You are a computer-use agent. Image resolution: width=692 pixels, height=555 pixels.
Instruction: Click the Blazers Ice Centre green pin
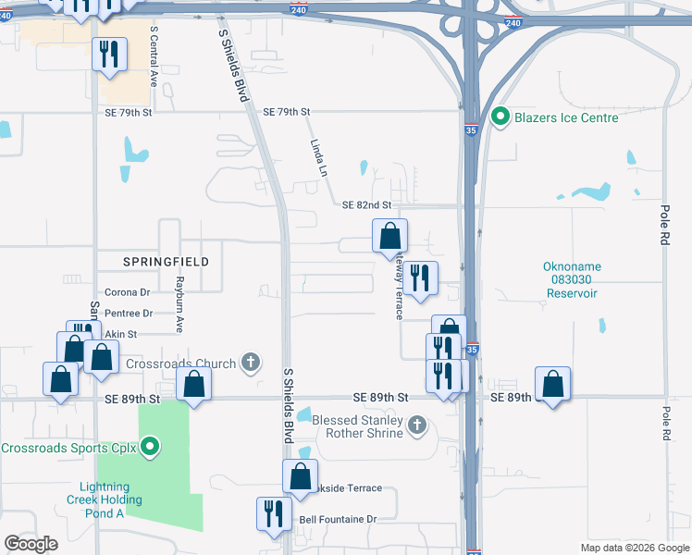tap(500, 117)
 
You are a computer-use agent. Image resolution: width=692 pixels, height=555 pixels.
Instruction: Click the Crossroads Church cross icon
tap(249, 363)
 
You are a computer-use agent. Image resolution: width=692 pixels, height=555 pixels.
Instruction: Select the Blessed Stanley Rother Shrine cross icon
tap(417, 425)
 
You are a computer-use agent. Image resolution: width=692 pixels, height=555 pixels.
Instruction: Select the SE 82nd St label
tap(367, 204)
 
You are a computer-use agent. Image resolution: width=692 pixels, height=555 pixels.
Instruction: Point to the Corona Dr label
tap(128, 293)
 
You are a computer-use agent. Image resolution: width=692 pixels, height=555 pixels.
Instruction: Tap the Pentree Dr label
tap(129, 314)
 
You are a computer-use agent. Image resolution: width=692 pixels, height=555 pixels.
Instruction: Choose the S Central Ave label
tap(154, 55)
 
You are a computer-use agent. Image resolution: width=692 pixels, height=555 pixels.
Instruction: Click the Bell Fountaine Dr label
tap(339, 520)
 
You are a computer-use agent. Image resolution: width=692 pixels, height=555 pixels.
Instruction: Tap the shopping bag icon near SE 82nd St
tap(389, 236)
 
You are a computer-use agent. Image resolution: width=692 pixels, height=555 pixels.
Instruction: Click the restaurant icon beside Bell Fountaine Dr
tap(273, 513)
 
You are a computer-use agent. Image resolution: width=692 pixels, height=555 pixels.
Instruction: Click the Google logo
tap(31, 544)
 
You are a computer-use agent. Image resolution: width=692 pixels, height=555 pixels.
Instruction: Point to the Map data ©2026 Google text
tap(634, 548)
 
